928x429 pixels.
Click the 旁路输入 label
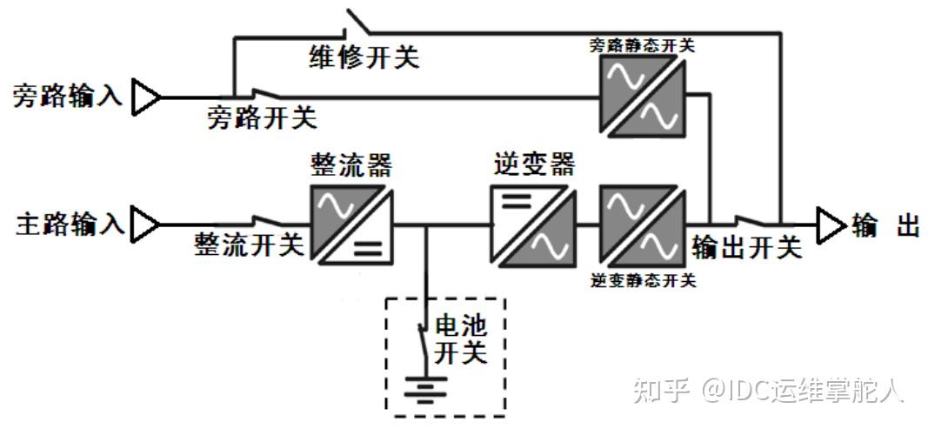pos(68,96)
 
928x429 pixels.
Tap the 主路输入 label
pos(70,225)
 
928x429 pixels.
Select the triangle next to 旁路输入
pos(145,97)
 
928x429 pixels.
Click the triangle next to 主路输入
pos(145,225)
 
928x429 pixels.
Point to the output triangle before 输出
pos(831,225)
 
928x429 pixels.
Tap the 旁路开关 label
pos(262,118)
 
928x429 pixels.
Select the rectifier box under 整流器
pos(351,225)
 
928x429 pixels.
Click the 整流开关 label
pos(249,245)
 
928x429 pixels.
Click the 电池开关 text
pos(461,339)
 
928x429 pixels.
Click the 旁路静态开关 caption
pos(643,45)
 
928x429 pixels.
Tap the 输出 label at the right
pos(885,225)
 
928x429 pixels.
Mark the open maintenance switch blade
pos(358,21)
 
